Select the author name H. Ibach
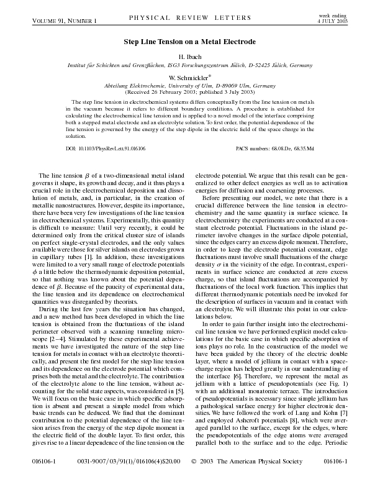tap(189, 56)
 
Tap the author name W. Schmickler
tap(189, 77)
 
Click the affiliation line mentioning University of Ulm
tap(189, 85)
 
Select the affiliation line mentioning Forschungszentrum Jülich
tap(189, 65)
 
